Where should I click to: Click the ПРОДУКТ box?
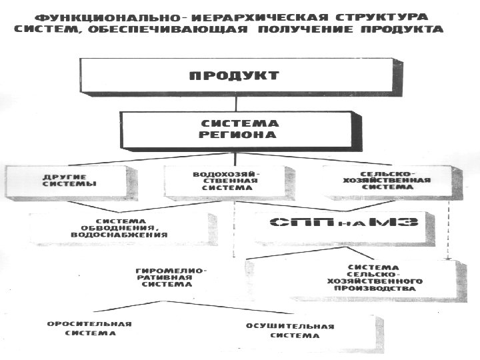[x=233, y=75]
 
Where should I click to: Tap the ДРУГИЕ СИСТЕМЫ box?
[x=69, y=181]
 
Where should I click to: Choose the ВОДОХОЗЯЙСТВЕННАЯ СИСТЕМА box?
[x=222, y=181]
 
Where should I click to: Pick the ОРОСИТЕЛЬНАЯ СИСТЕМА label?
[x=89, y=329]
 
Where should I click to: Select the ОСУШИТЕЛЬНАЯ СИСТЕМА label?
[x=289, y=331]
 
